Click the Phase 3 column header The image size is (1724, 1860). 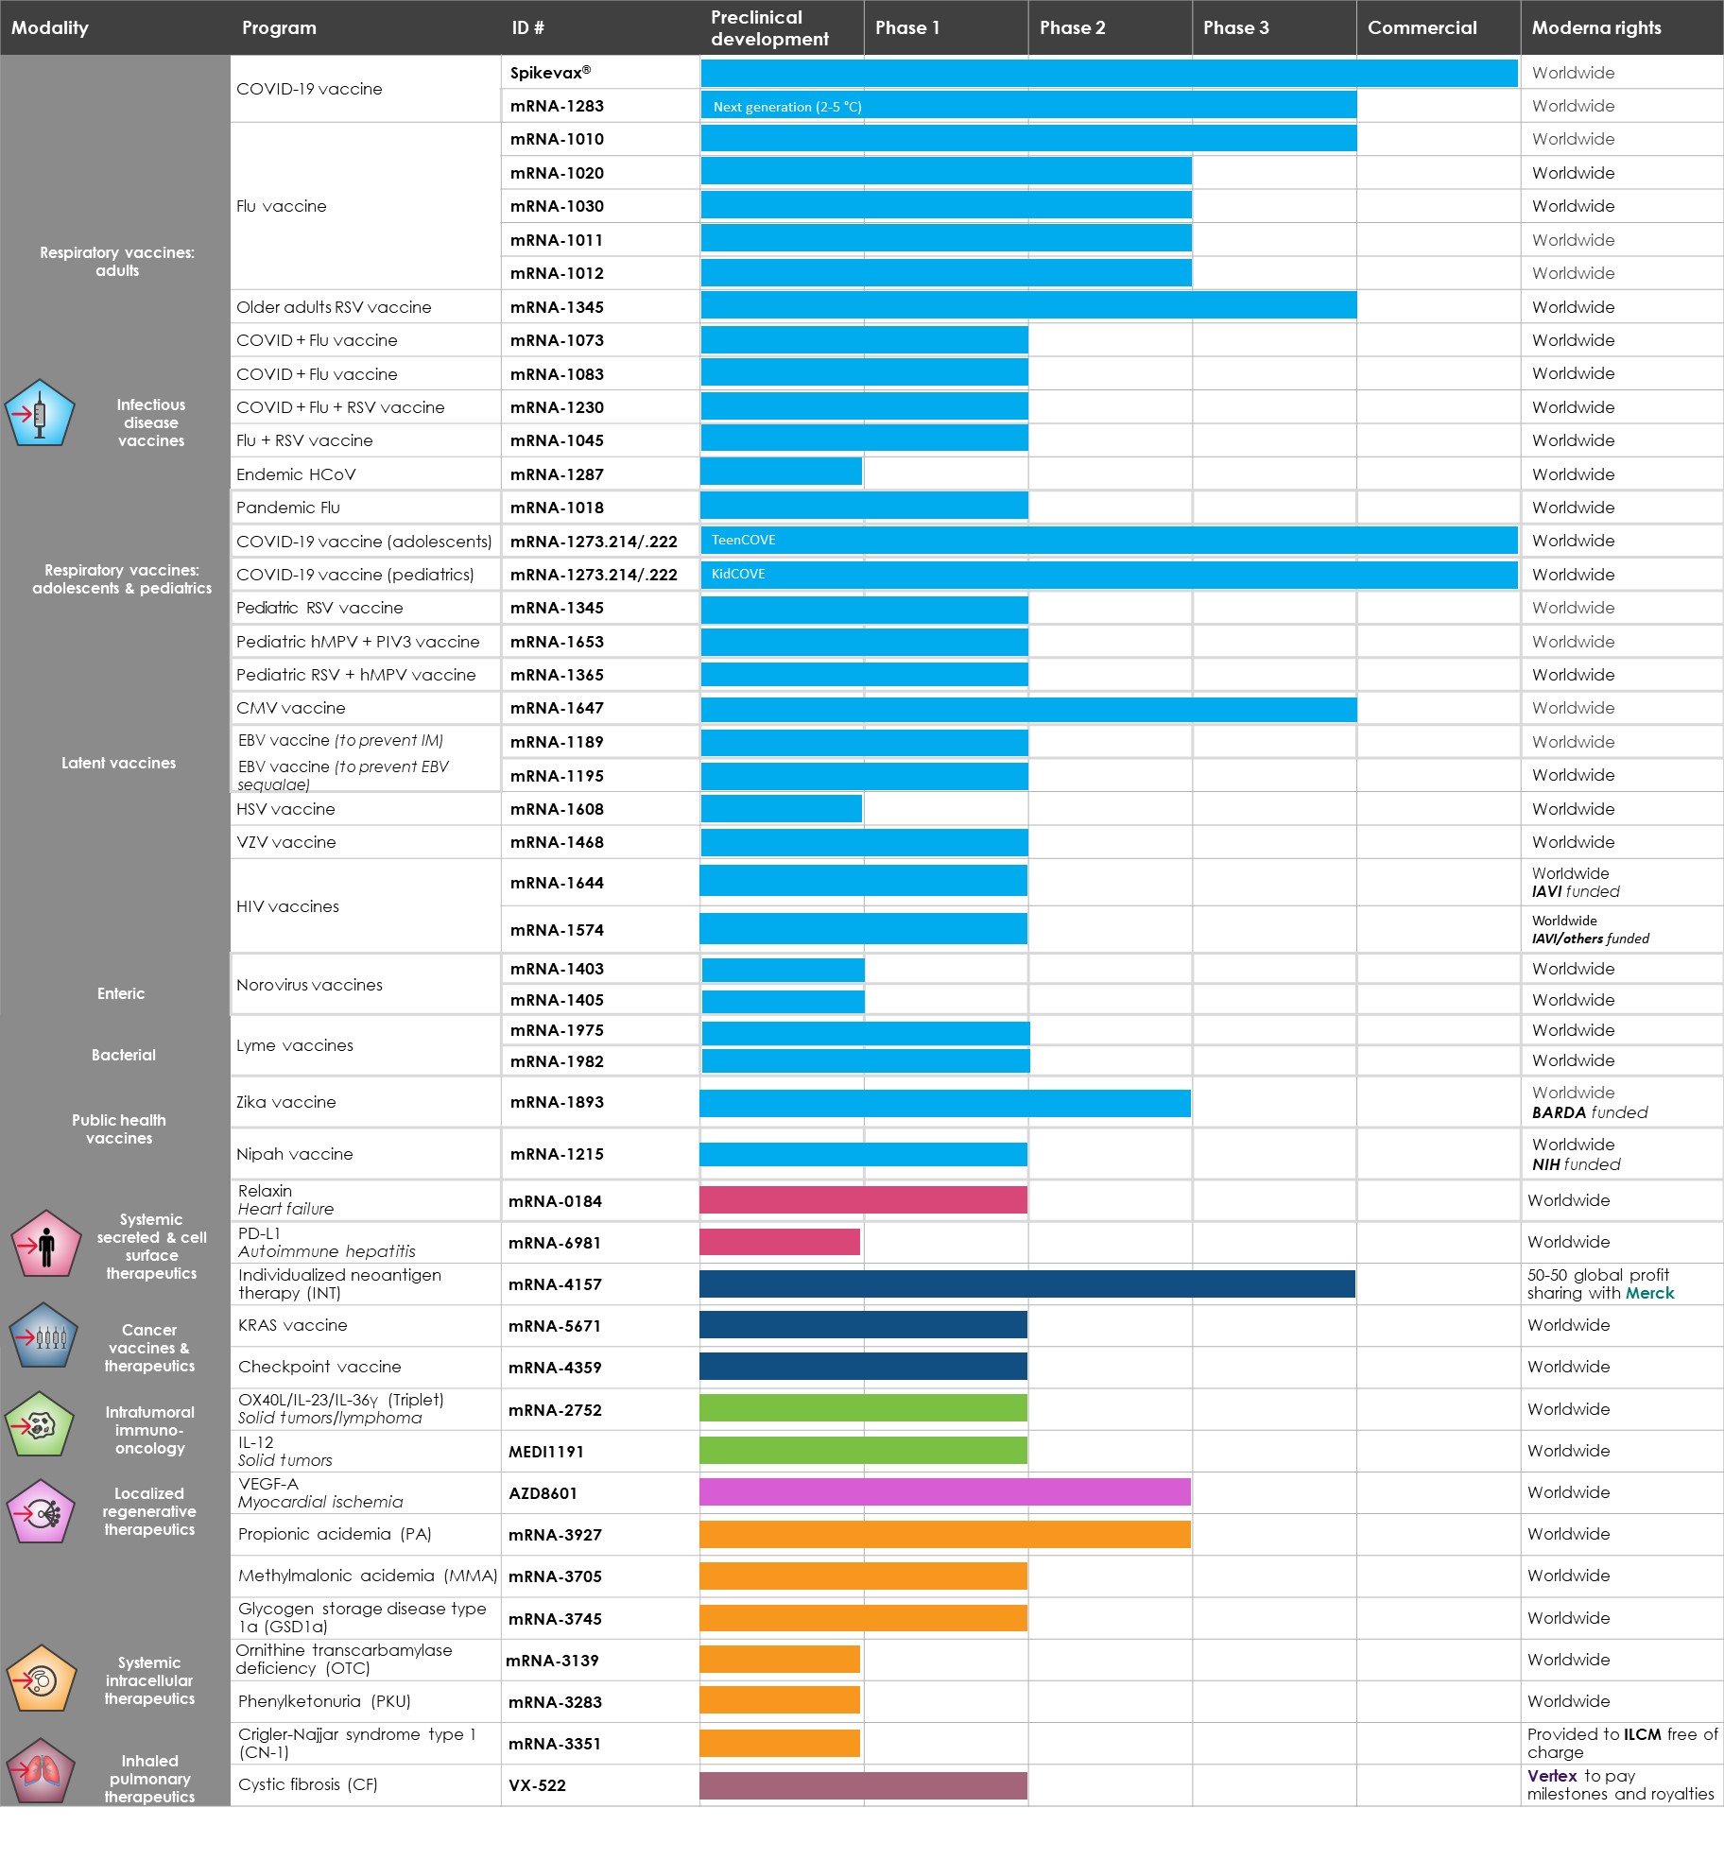(1235, 27)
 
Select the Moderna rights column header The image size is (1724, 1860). (1595, 27)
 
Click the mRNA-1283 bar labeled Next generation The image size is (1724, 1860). (1027, 106)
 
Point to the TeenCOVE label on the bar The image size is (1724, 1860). (743, 540)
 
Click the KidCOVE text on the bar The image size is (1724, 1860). (738, 574)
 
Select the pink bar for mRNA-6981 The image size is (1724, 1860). (779, 1242)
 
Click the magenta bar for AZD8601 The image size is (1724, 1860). (944, 1492)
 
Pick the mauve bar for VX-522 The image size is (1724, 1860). (862, 1785)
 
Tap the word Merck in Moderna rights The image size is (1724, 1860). (1649, 1293)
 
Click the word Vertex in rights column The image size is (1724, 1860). (1552, 1776)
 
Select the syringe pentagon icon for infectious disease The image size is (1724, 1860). (39, 414)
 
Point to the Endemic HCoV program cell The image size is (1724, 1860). (296, 474)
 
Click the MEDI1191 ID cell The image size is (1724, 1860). (545, 1452)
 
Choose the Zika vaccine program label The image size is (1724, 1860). (285, 1102)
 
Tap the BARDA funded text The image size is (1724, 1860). (1589, 1112)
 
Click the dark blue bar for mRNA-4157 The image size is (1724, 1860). (1026, 1283)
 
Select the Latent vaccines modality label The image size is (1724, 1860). (118, 763)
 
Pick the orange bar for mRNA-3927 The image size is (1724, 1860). (944, 1534)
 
